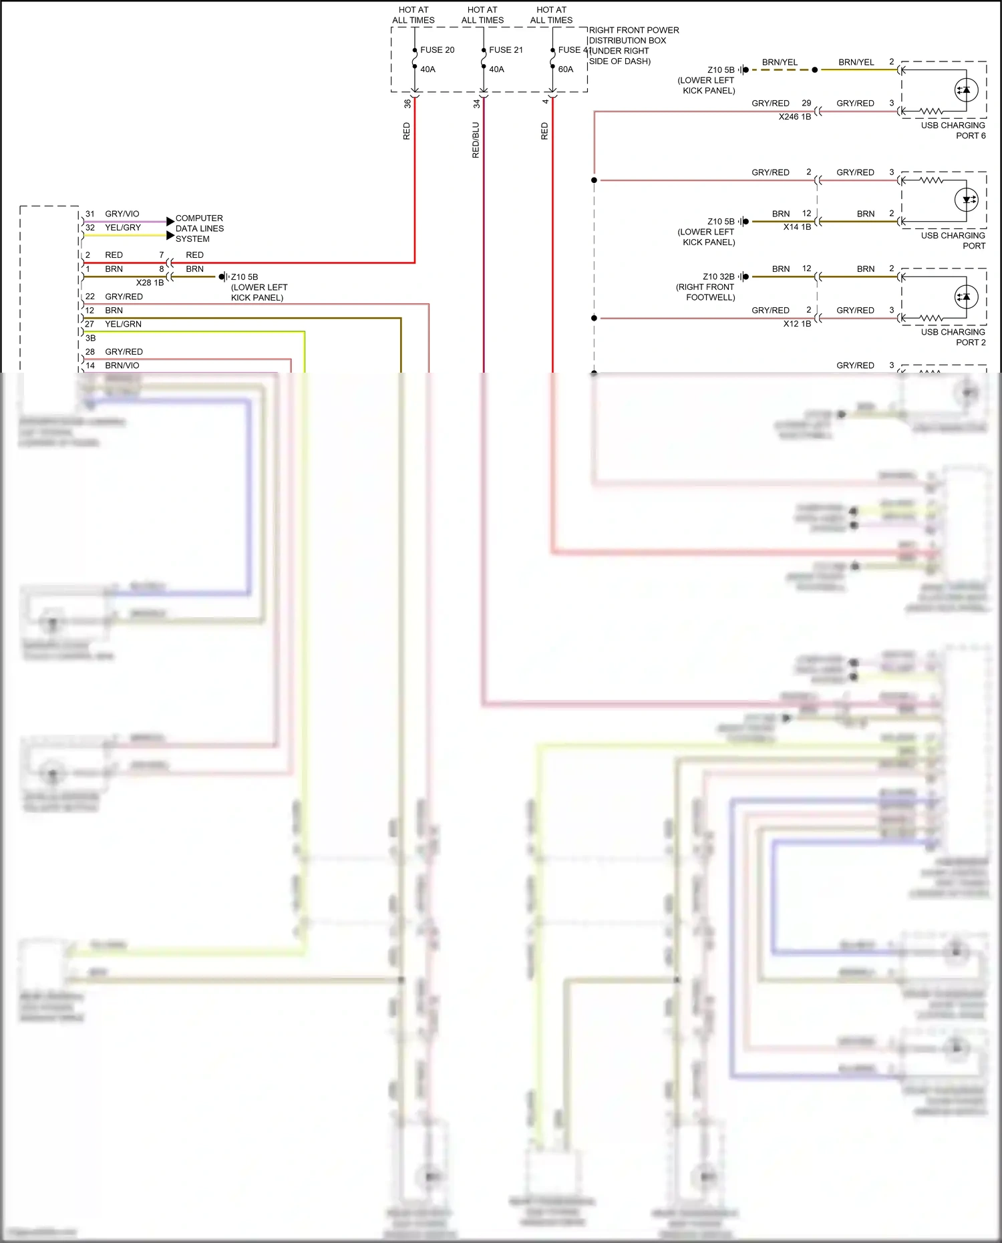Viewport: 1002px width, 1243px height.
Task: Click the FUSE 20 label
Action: [x=437, y=50]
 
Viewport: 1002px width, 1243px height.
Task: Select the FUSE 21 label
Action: [x=506, y=50]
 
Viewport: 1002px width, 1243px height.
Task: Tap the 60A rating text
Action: [x=566, y=69]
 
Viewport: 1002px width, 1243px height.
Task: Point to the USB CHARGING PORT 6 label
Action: [x=953, y=130]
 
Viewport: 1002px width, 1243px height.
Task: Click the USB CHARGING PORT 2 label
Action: [x=953, y=337]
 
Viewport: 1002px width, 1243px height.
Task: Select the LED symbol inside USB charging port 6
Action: [x=966, y=90]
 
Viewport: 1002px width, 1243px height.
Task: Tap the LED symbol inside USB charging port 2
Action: [x=966, y=297]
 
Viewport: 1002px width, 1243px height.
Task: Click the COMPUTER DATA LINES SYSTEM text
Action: [x=199, y=228]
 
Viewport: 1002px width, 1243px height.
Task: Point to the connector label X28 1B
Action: [x=150, y=283]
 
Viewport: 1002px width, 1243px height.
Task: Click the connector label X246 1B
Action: [x=795, y=117]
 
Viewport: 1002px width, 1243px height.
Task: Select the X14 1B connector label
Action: [x=797, y=227]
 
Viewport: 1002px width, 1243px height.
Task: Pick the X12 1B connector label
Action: [x=797, y=324]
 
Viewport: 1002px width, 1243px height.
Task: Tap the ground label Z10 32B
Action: [x=718, y=277]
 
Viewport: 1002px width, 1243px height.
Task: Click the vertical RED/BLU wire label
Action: [x=476, y=140]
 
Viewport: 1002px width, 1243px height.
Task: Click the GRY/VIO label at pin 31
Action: [x=122, y=214]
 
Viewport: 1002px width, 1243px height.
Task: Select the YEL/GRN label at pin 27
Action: [x=123, y=325]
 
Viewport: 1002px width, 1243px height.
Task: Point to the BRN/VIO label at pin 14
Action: [x=122, y=366]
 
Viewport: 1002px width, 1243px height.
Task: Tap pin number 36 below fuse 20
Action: [x=407, y=104]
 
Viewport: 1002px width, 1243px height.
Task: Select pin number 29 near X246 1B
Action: [x=806, y=104]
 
